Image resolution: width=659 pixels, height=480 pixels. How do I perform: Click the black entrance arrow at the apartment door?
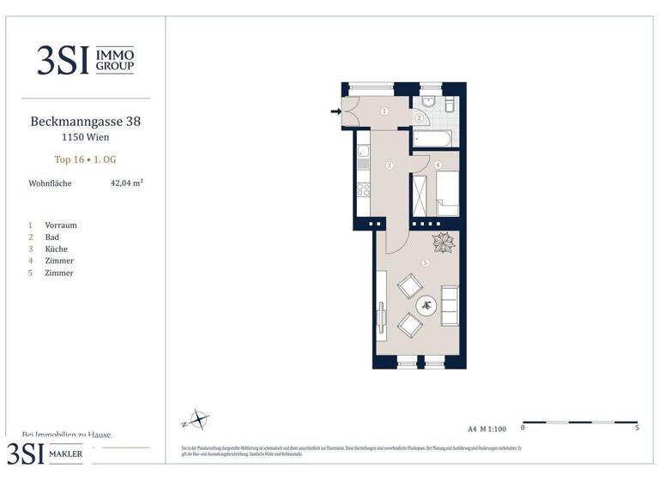[x=336, y=111]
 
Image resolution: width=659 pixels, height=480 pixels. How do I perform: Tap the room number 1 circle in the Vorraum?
[x=384, y=111]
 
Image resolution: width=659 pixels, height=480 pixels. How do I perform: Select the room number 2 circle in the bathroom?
[x=419, y=117]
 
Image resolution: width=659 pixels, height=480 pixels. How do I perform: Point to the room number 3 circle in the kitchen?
[x=389, y=165]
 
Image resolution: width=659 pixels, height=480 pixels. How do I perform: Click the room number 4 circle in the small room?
[x=438, y=165]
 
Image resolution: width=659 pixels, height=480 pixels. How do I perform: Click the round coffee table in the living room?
[x=426, y=304]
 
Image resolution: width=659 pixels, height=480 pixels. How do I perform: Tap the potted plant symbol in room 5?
[x=444, y=243]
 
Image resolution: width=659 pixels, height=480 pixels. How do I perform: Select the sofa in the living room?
[x=450, y=303]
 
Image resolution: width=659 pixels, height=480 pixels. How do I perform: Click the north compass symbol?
[x=196, y=420]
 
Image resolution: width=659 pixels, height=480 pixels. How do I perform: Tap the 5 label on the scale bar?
[x=636, y=427]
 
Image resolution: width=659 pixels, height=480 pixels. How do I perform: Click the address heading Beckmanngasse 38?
[x=85, y=122]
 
